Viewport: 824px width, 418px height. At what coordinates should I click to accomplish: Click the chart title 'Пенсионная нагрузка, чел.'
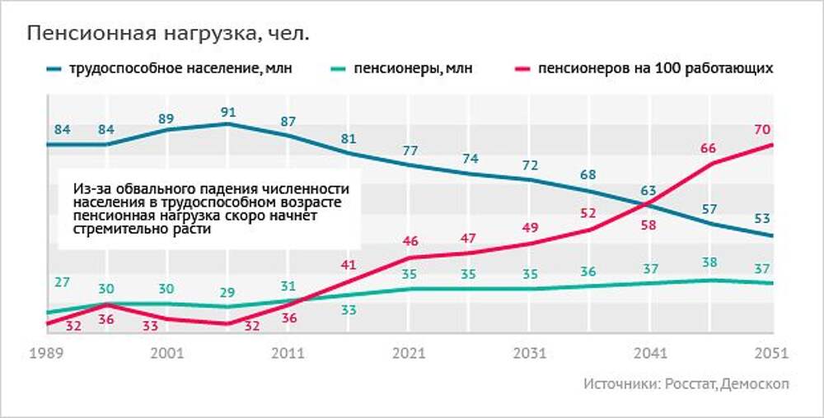point(170,34)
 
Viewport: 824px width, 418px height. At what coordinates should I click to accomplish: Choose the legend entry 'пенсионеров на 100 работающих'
point(655,68)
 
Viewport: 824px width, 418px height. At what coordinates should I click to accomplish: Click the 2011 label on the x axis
point(288,353)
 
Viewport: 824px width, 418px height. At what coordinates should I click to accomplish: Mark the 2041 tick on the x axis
point(651,353)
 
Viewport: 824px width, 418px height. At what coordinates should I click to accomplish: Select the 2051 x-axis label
point(772,353)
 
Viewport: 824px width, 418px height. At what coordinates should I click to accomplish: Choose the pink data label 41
point(349,264)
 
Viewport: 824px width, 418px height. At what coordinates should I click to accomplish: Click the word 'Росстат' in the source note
point(689,384)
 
